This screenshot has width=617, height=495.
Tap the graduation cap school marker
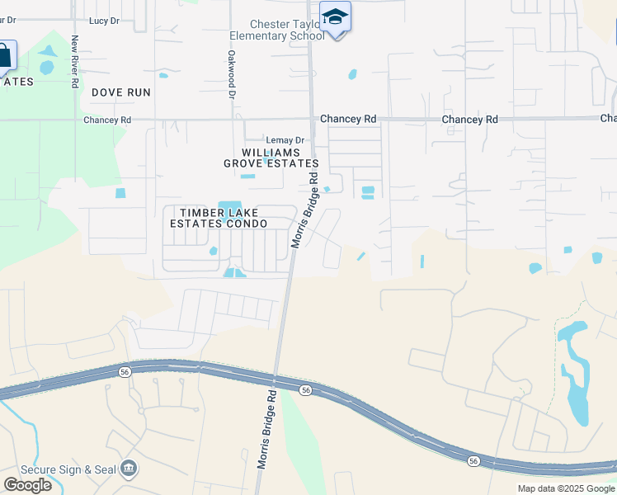336,18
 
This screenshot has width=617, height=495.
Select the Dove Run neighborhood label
121,92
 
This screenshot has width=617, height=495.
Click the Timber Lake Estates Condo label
219,218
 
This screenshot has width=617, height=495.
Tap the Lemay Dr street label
285,140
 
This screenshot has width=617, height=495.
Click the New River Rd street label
75,61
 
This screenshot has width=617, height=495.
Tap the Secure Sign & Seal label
68,469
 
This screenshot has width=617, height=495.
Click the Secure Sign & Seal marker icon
129,469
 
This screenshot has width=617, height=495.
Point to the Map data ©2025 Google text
566,488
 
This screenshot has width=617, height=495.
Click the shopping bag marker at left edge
5,57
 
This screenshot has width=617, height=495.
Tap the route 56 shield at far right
473,461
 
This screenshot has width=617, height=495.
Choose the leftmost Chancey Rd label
107,120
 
